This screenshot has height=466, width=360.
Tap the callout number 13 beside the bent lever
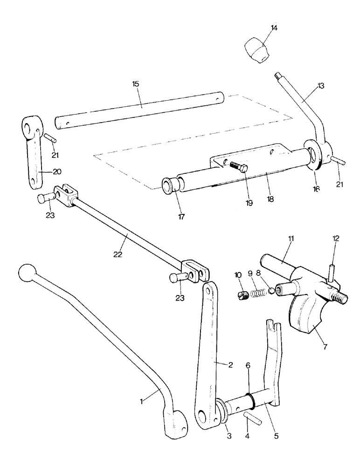[321, 86]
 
